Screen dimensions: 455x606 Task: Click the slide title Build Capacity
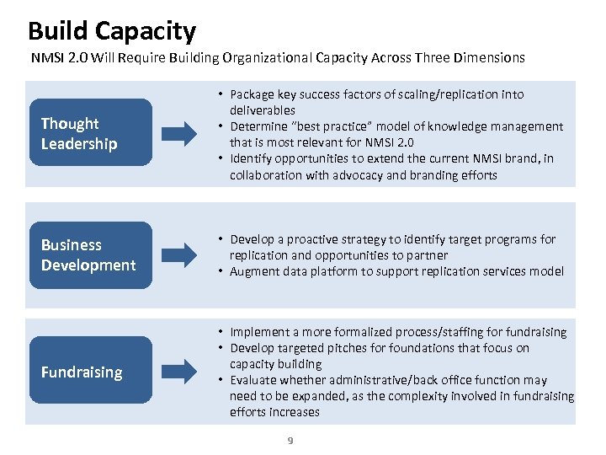tap(111, 31)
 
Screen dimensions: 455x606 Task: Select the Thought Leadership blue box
tap(91, 133)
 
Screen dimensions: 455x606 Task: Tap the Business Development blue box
tap(91, 254)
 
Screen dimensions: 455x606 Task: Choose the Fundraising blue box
tap(91, 372)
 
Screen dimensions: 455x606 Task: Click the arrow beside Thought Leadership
tap(179, 133)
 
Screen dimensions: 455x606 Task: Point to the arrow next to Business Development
tap(179, 254)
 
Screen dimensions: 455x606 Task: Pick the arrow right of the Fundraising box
tap(179, 371)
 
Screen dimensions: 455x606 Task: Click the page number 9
tap(290, 440)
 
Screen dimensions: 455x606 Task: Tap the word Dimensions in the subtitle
tap(489, 58)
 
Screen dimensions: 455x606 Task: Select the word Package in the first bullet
tap(252, 94)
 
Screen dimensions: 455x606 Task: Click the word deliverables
tap(263, 110)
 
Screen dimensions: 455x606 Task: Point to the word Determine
tap(258, 126)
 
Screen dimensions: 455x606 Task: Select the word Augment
tap(255, 271)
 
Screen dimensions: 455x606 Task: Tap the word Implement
tap(258, 332)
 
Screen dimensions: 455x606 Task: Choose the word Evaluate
tap(255, 380)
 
